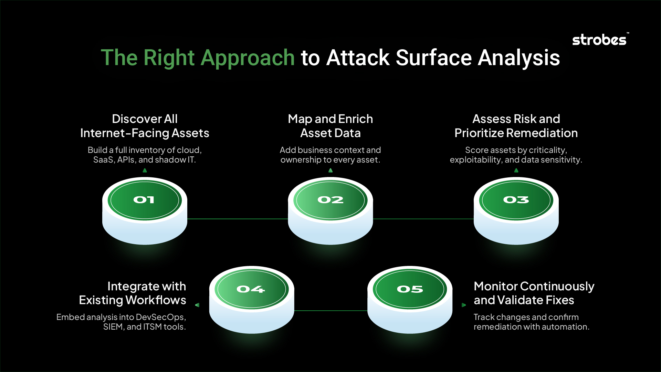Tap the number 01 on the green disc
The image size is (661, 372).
point(144,200)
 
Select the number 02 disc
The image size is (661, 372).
point(330,200)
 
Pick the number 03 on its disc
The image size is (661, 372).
point(516,200)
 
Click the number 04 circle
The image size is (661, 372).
point(252,289)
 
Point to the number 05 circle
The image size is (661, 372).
point(410,289)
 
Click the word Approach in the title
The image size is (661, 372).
point(248,58)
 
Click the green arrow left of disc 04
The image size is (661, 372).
point(197,305)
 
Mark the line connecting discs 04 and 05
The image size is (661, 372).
point(331,311)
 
